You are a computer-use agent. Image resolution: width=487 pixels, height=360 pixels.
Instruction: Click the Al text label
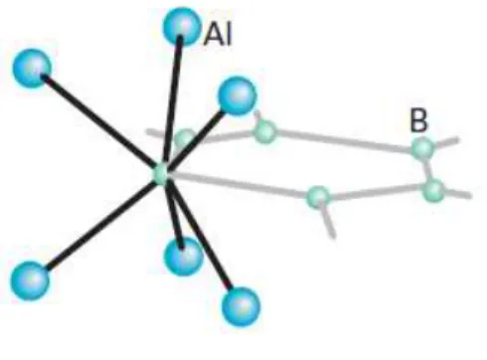pos(218,35)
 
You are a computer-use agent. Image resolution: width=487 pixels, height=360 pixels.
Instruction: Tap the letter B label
pos(418,120)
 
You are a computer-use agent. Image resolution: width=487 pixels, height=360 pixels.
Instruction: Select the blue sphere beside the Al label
pos(182,27)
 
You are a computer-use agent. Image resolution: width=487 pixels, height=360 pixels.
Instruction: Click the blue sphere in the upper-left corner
pos(32,68)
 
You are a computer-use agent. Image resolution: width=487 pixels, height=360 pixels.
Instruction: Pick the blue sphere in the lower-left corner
pos(30,280)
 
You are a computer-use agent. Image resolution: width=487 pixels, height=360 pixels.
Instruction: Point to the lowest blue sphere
pos(241,306)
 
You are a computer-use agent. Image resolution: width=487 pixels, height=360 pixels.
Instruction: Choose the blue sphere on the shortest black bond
pos(184,256)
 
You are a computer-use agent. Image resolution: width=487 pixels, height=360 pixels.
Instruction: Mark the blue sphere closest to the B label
pos(237,95)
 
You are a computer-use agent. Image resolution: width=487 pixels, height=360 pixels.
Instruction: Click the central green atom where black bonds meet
pos(162,174)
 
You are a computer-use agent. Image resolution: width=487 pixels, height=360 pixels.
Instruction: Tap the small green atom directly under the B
pos(423,148)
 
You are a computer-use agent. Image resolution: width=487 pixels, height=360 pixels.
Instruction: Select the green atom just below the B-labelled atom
pos(433,190)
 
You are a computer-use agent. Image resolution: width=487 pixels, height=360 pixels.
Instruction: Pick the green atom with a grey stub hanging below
pos(318,197)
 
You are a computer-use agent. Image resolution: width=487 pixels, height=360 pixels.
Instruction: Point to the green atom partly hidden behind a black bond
pos(185,139)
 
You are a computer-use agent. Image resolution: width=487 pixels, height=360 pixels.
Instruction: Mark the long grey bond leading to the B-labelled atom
pos(344,141)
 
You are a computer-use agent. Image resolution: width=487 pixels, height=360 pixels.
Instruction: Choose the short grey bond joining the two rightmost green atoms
pos(428,169)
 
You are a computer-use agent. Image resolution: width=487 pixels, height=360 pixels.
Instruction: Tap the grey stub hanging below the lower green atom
pos(329,222)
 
